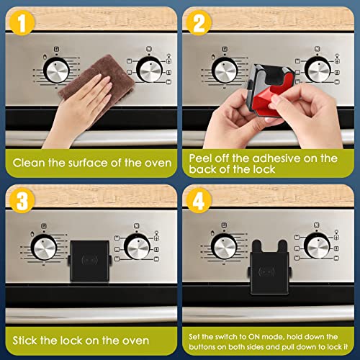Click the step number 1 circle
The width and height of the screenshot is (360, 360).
click(22, 22)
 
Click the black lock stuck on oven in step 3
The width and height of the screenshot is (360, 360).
click(90, 261)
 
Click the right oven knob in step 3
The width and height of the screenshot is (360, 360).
click(137, 247)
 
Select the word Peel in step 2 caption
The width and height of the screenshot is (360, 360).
click(203, 158)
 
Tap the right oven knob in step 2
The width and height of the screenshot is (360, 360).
click(319, 71)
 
